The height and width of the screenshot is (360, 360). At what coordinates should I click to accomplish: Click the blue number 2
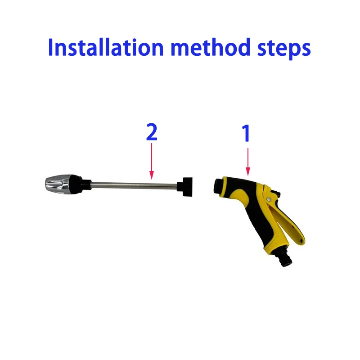tap(152, 133)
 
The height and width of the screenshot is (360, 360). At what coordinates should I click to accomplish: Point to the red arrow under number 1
tap(247, 162)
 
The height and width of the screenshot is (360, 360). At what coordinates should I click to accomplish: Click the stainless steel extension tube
tap(135, 184)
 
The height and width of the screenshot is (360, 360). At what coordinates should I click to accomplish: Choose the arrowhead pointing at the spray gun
tap(247, 172)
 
